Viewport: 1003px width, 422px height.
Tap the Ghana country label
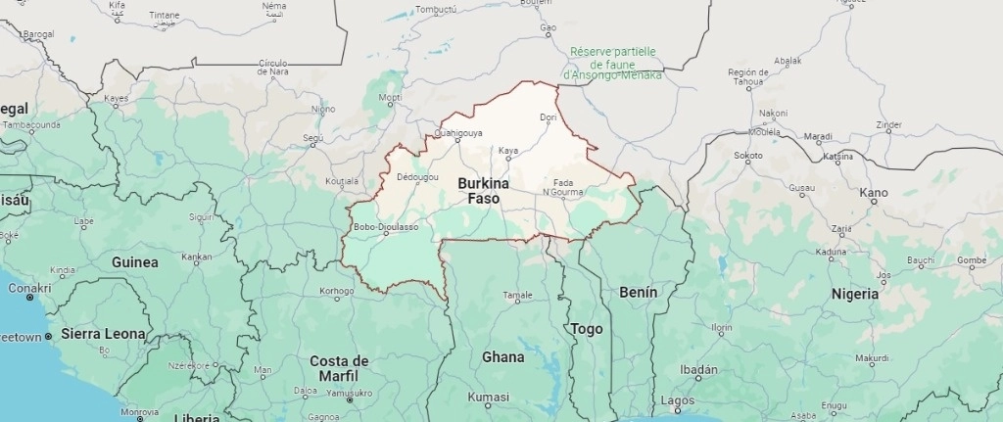point(502,357)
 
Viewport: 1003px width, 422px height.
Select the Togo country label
point(587,329)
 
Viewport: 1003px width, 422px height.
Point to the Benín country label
point(638,292)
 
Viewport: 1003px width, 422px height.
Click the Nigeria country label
point(854,294)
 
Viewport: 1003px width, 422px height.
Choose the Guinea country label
point(135,262)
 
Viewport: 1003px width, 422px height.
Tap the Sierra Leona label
point(103,334)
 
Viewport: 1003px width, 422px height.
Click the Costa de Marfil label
point(339,367)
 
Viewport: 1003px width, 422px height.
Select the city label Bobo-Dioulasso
point(386,227)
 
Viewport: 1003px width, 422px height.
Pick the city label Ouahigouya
point(457,132)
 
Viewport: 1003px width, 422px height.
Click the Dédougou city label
point(418,177)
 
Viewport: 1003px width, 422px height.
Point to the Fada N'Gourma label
point(563,187)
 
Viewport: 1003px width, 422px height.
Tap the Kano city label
point(874,193)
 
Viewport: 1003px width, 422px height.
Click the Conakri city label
point(28,288)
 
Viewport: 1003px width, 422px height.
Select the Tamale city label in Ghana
point(517,295)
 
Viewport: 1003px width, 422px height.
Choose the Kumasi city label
point(489,397)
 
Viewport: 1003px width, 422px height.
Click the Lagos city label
point(677,400)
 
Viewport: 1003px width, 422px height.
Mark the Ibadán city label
point(699,371)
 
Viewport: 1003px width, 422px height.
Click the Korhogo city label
point(337,291)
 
